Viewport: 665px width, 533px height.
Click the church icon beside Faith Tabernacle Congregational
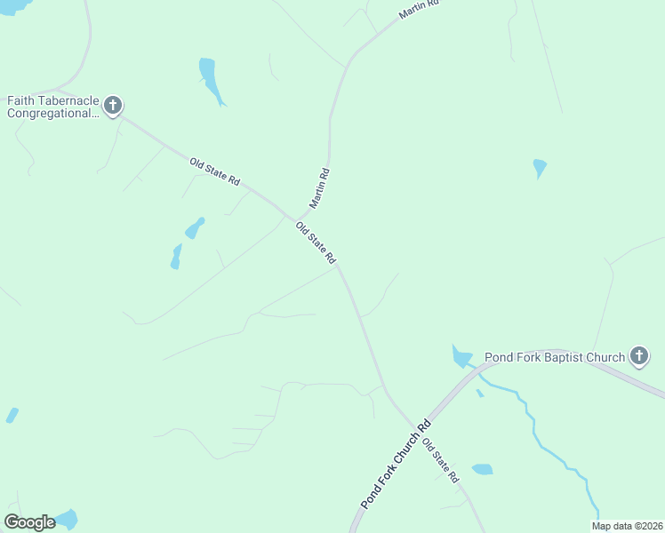(x=112, y=107)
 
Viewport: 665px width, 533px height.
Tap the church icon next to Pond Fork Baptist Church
(x=638, y=357)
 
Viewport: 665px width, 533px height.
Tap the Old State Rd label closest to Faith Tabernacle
(x=215, y=171)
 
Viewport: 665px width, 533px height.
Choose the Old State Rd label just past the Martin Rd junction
(x=316, y=243)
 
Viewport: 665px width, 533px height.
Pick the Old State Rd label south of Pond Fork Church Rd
(x=440, y=460)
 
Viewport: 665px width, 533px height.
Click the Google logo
(x=29, y=521)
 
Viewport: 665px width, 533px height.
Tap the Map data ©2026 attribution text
(x=626, y=525)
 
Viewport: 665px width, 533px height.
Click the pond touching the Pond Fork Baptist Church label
(x=461, y=357)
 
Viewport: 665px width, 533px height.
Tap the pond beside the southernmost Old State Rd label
(x=482, y=469)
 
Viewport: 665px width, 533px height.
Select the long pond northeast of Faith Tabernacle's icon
(x=210, y=79)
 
